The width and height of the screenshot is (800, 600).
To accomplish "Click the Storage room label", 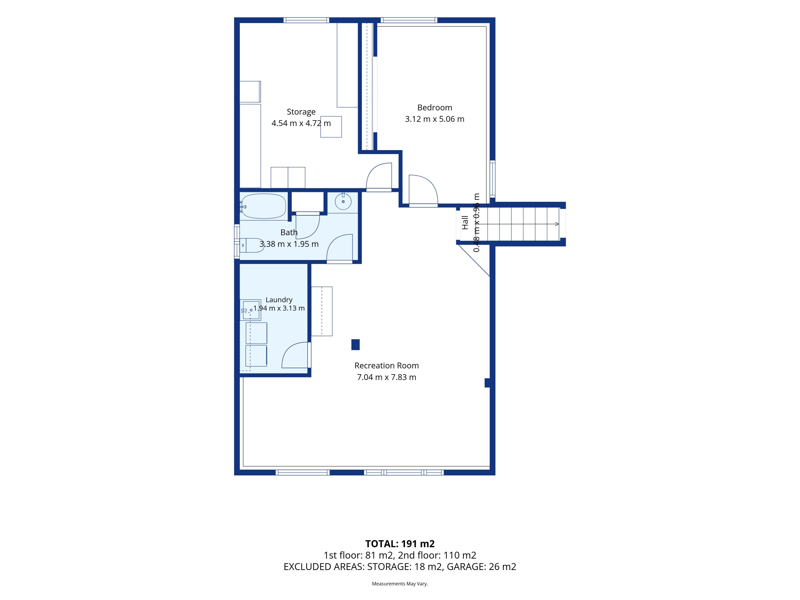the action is [301, 112].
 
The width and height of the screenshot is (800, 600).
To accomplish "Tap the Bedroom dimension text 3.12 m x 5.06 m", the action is [434, 119].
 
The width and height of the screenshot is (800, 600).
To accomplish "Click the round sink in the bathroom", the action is [343, 201].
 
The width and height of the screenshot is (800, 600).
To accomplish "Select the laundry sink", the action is [250, 310].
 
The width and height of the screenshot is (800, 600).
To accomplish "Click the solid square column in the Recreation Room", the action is [355, 344].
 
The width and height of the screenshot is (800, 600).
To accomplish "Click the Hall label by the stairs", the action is [465, 222].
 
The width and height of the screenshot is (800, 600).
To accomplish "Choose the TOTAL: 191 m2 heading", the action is [400, 544].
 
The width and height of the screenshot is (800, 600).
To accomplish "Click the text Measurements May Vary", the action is [400, 583].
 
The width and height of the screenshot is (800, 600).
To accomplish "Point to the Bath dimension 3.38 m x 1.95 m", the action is [289, 244].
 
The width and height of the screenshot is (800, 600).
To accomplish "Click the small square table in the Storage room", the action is [331, 127].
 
